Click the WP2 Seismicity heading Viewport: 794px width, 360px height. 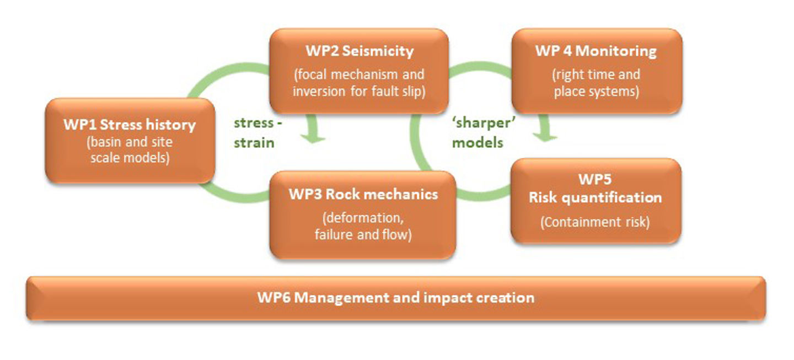[359, 52]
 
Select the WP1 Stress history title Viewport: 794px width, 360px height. [130, 125]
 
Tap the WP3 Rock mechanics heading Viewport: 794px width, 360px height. [363, 195]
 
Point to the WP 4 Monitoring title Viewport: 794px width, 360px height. [595, 52]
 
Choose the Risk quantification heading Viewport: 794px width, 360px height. [595, 197]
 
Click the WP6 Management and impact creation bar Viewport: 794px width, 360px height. [395, 298]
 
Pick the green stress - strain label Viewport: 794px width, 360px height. [257, 133]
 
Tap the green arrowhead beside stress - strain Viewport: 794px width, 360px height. [315, 135]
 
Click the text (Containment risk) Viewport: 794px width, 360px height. [595, 222]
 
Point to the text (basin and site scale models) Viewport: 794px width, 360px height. [130, 150]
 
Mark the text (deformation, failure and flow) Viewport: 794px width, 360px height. [363, 226]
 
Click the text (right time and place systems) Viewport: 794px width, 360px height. [597, 83]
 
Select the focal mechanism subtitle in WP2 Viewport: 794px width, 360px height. [359, 83]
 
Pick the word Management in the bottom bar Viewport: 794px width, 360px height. [347, 298]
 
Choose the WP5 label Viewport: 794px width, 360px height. [595, 180]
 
